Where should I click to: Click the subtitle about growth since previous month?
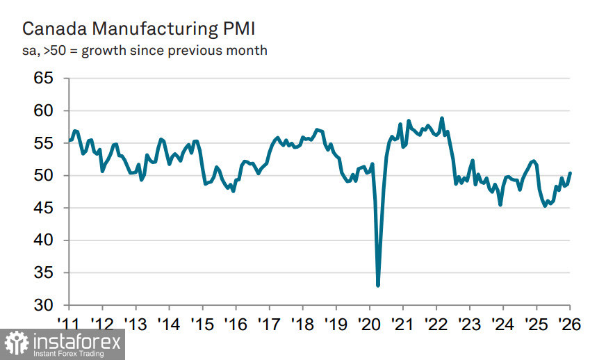145,51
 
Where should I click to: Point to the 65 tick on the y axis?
44,78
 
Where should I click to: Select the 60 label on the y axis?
44,111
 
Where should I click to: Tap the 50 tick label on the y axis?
44,175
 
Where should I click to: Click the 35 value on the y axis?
44,273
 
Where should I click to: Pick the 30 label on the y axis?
44,305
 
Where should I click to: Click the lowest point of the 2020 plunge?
378,285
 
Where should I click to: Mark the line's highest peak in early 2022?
442,118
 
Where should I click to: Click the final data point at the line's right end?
570,173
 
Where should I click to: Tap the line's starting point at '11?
69,140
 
